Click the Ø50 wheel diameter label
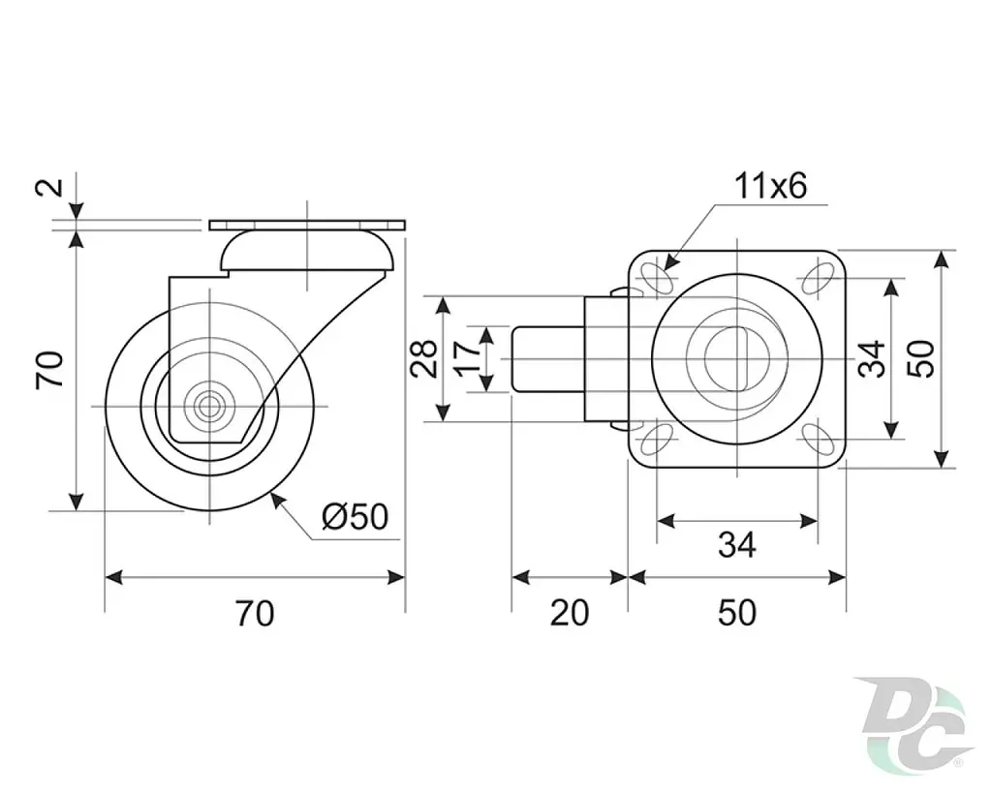(355, 517)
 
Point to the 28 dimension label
(423, 358)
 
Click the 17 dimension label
(469, 357)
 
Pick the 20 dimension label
(570, 613)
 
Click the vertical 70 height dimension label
(49, 369)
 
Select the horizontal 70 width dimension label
(255, 613)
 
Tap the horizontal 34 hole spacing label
(737, 544)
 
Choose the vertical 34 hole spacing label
(871, 358)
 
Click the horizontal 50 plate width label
(737, 613)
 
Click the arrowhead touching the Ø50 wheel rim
(277, 501)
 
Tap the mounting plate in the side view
(307, 226)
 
